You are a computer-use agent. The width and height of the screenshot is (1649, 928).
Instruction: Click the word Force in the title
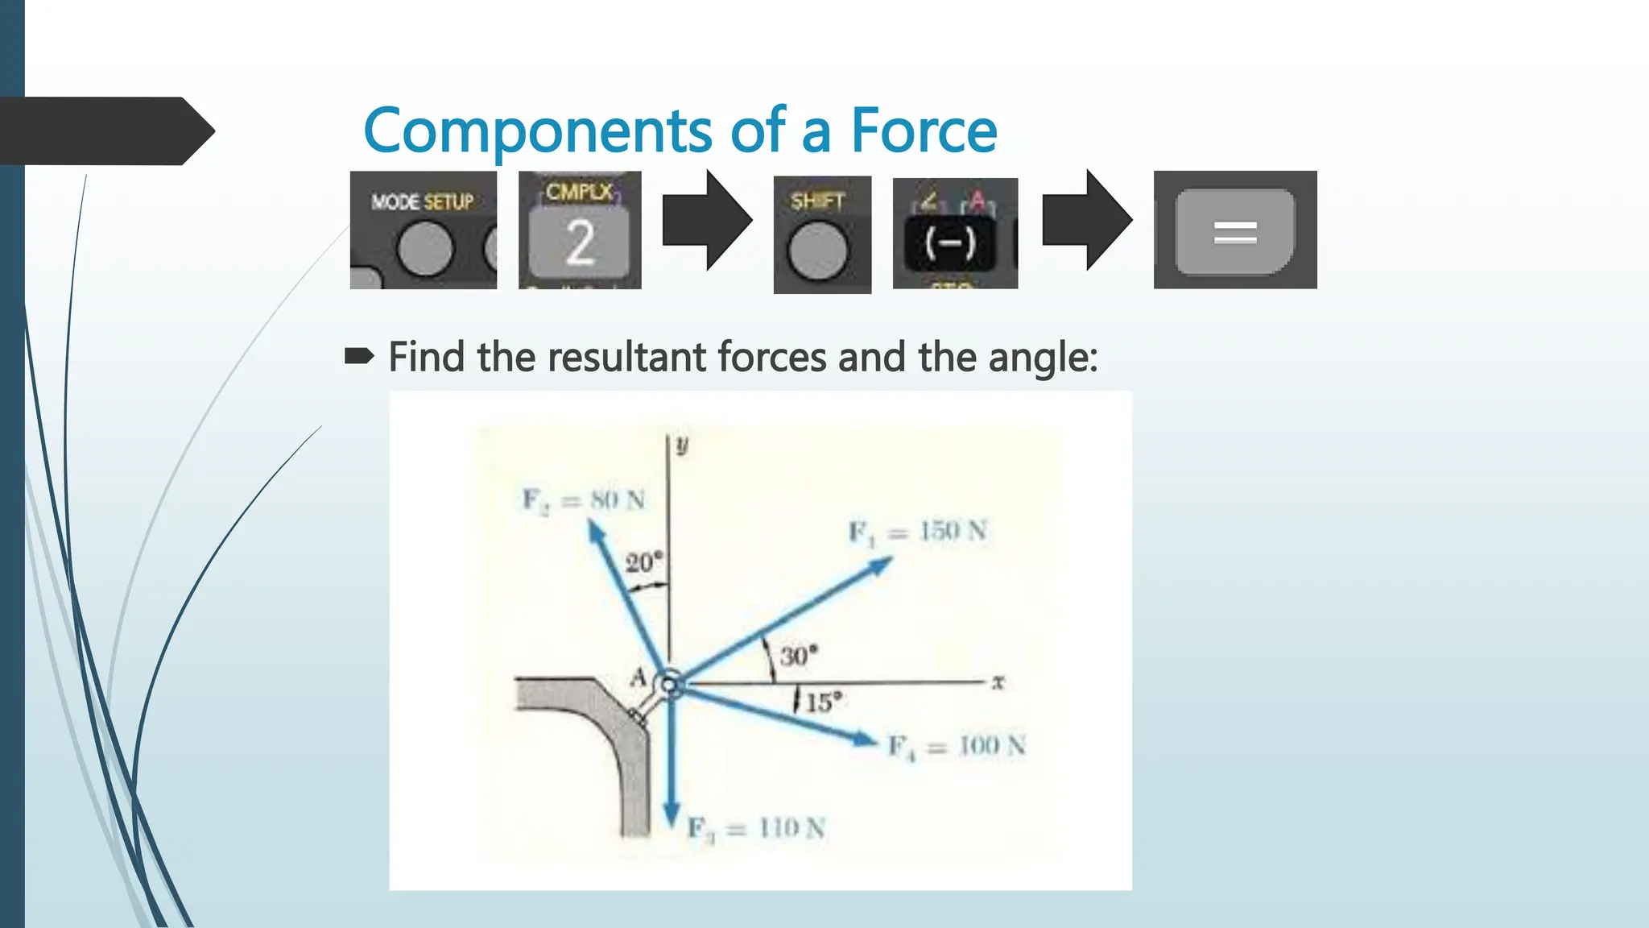[924, 130]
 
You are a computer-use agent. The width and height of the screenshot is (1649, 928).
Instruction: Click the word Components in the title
[537, 130]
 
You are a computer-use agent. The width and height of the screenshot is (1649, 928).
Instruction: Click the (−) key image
[950, 242]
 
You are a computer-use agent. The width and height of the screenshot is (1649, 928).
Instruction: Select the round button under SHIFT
[818, 251]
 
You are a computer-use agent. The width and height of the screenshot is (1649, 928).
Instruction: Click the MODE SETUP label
[422, 201]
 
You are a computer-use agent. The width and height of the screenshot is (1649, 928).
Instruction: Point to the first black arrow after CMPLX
[706, 220]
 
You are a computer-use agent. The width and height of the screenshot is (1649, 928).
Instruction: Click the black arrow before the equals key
[1086, 220]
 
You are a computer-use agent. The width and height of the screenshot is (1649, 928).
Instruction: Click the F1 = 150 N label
[918, 532]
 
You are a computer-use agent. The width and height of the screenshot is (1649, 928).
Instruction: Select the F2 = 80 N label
[584, 500]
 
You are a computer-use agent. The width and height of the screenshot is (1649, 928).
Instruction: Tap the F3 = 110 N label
[756, 828]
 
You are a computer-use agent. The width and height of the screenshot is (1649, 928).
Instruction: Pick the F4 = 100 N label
[957, 747]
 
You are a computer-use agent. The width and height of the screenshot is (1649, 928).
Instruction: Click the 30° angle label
[798, 655]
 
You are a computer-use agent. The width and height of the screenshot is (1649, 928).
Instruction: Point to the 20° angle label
[643, 561]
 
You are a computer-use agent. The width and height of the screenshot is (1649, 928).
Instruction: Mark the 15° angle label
[824, 702]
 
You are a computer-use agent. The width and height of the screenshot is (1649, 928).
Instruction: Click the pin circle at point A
[669, 685]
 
